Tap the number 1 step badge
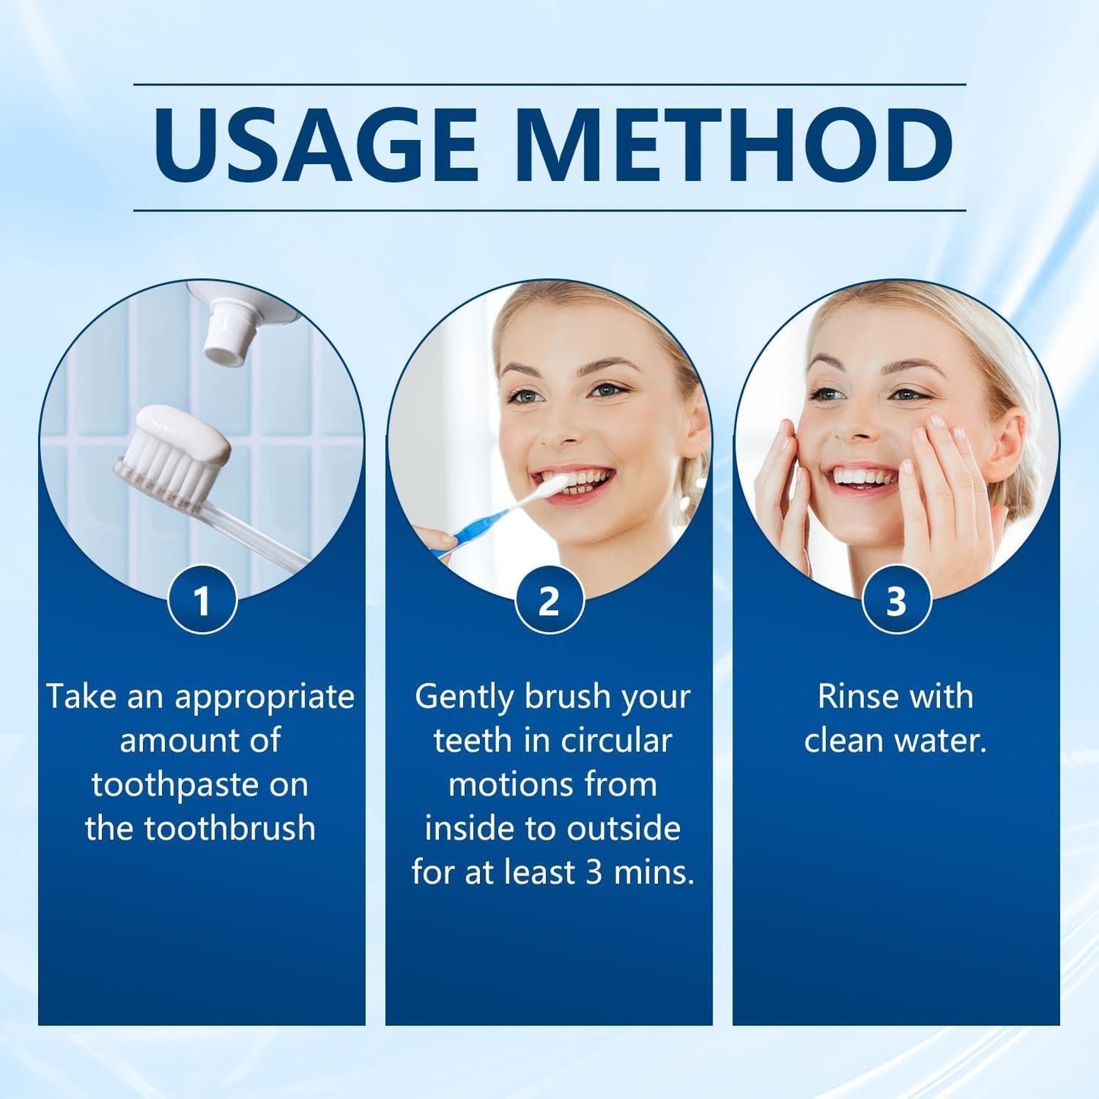pyautogui.click(x=202, y=600)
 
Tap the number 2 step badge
pyautogui.click(x=549, y=600)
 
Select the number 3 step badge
pyautogui.click(x=896, y=600)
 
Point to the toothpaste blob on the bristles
pyautogui.click(x=186, y=434)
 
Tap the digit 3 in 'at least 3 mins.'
pyautogui.click(x=594, y=873)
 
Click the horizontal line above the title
pyautogui.click(x=549, y=84)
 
